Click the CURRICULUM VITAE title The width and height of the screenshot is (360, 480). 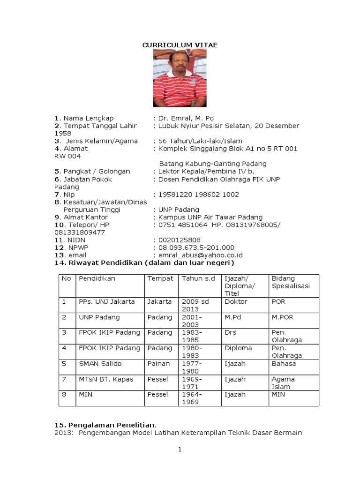pyautogui.click(x=180, y=45)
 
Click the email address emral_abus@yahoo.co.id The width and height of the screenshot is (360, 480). pyautogui.click(x=201, y=255)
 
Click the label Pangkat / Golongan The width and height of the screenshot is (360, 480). pyautogui.click(x=93, y=172)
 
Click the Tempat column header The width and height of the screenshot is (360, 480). pyautogui.click(x=160, y=278)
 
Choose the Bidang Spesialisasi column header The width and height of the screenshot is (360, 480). pyautogui.click(x=287, y=282)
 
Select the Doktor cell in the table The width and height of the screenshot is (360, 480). pyautogui.click(x=236, y=301)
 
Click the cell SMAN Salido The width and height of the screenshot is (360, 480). pyautogui.click(x=100, y=363)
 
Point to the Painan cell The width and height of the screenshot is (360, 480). pyautogui.click(x=158, y=363)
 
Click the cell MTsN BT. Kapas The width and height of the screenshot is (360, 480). pyautogui.click(x=106, y=379)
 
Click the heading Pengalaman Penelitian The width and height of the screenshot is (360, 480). pyautogui.click(x=105, y=425)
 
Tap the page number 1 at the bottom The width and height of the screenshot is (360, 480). pyautogui.click(x=180, y=450)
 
